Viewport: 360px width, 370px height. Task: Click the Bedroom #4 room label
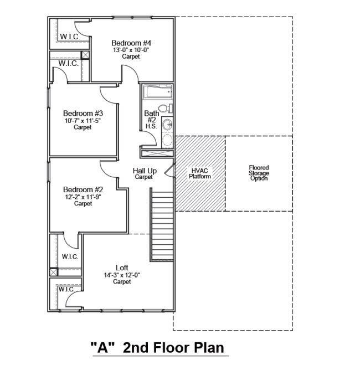[x=131, y=43]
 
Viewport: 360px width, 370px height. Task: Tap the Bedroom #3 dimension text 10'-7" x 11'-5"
[x=83, y=121]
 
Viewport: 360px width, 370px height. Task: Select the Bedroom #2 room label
[x=83, y=189]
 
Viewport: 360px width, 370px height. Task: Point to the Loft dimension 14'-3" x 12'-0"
[x=122, y=275]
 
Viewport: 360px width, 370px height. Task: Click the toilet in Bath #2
[x=165, y=109]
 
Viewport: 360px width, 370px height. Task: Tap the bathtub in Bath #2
[x=158, y=92]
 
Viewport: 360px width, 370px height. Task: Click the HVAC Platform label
[x=200, y=173]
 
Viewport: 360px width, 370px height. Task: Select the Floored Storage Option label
[x=259, y=173]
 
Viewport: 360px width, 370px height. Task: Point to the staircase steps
[x=162, y=225]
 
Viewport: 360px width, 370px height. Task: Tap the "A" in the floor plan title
[x=102, y=348]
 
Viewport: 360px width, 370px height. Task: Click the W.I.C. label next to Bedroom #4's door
[x=70, y=37]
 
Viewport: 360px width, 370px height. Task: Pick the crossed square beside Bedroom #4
[x=85, y=55]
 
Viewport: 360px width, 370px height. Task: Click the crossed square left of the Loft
[x=54, y=272]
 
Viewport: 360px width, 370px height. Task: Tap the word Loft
[x=122, y=268]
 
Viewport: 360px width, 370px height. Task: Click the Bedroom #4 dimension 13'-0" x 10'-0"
[x=131, y=50]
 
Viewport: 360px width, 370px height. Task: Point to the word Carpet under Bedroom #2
[x=83, y=203]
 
